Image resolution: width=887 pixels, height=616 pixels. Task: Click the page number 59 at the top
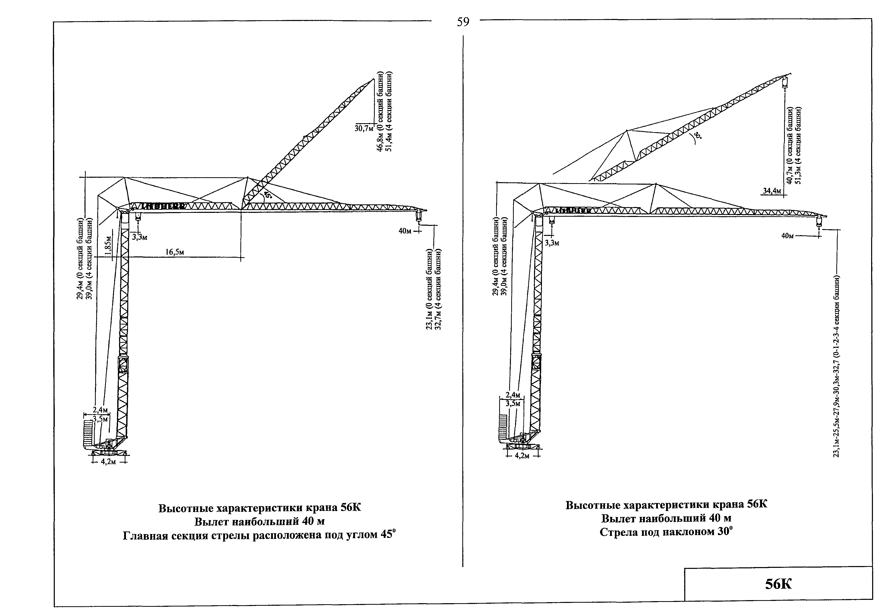[463, 22]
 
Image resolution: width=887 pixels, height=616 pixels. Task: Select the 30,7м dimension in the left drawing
[364, 128]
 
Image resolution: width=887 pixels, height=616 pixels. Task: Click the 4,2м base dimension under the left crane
[108, 462]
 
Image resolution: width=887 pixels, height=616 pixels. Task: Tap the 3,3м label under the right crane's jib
[552, 243]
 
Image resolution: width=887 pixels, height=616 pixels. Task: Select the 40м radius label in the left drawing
[405, 231]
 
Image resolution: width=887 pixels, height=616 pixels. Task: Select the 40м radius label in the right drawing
[787, 235]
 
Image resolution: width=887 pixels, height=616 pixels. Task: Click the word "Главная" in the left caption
[145, 536]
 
